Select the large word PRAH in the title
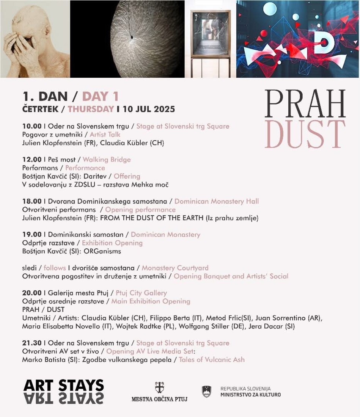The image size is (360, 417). [305, 103]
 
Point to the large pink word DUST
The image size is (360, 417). [305, 134]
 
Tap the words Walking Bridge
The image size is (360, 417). [107, 160]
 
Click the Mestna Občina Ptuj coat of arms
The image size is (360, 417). [159, 387]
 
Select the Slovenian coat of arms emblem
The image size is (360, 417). [206, 391]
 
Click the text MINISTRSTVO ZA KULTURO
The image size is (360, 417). [251, 395]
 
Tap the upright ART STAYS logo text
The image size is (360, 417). [63, 385]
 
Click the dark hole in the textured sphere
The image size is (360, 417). [132, 37]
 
